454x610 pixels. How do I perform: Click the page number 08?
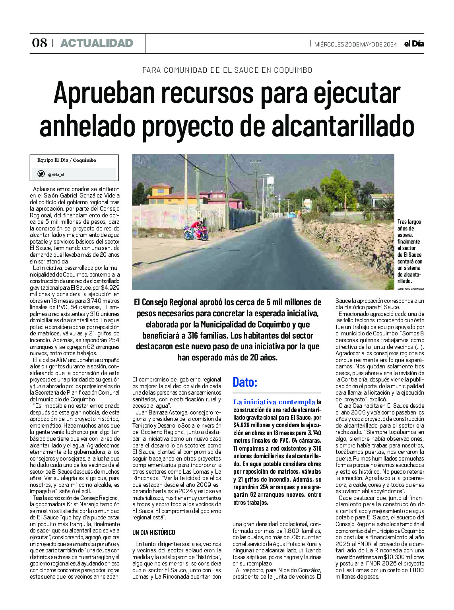[39, 43]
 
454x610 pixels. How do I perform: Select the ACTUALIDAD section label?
[97, 43]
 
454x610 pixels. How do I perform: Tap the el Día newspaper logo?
[414, 44]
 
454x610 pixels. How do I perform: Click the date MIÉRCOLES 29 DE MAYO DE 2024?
[355, 45]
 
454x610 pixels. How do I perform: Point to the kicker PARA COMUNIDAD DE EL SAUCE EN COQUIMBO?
[227, 70]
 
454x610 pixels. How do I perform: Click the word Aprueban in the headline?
[104, 93]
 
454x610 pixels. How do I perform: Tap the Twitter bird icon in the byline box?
[41, 174]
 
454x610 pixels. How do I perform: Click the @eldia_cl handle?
[56, 174]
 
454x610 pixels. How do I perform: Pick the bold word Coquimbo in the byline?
[84, 161]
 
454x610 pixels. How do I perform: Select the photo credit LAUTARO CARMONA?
[411, 289]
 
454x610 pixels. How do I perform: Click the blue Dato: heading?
[245, 382]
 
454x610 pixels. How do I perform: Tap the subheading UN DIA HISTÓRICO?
[153, 533]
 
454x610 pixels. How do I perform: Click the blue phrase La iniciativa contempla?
[274, 402]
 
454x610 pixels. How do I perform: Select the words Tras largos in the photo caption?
[409, 222]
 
